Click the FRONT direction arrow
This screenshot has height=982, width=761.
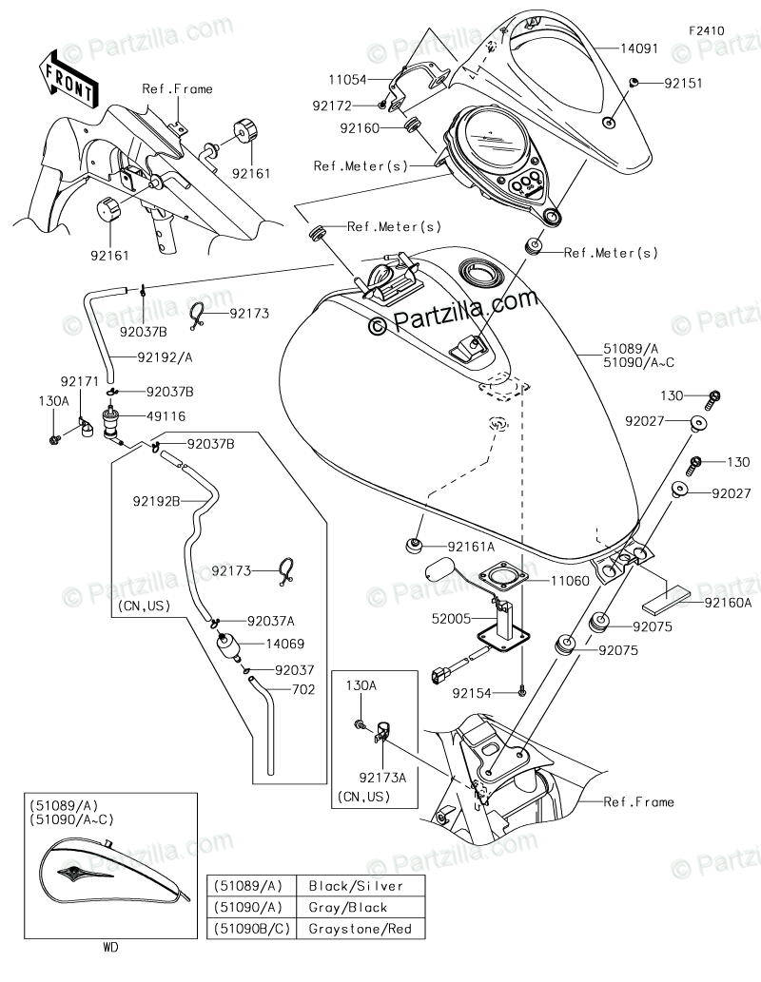68,78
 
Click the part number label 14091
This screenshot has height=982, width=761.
638,48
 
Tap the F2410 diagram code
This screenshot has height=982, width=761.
706,30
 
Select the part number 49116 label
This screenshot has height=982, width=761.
166,415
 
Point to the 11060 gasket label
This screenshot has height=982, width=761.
570,581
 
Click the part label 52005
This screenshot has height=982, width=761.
451,619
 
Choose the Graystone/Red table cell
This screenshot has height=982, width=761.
360,929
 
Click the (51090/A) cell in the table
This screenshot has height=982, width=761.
248,908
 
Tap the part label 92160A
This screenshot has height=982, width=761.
728,603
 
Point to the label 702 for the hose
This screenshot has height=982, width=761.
303,689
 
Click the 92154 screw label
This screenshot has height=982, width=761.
472,693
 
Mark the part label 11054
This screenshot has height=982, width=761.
347,80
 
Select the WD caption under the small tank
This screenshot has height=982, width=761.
110,947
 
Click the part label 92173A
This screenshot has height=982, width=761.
382,778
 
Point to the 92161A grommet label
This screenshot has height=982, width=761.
470,547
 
